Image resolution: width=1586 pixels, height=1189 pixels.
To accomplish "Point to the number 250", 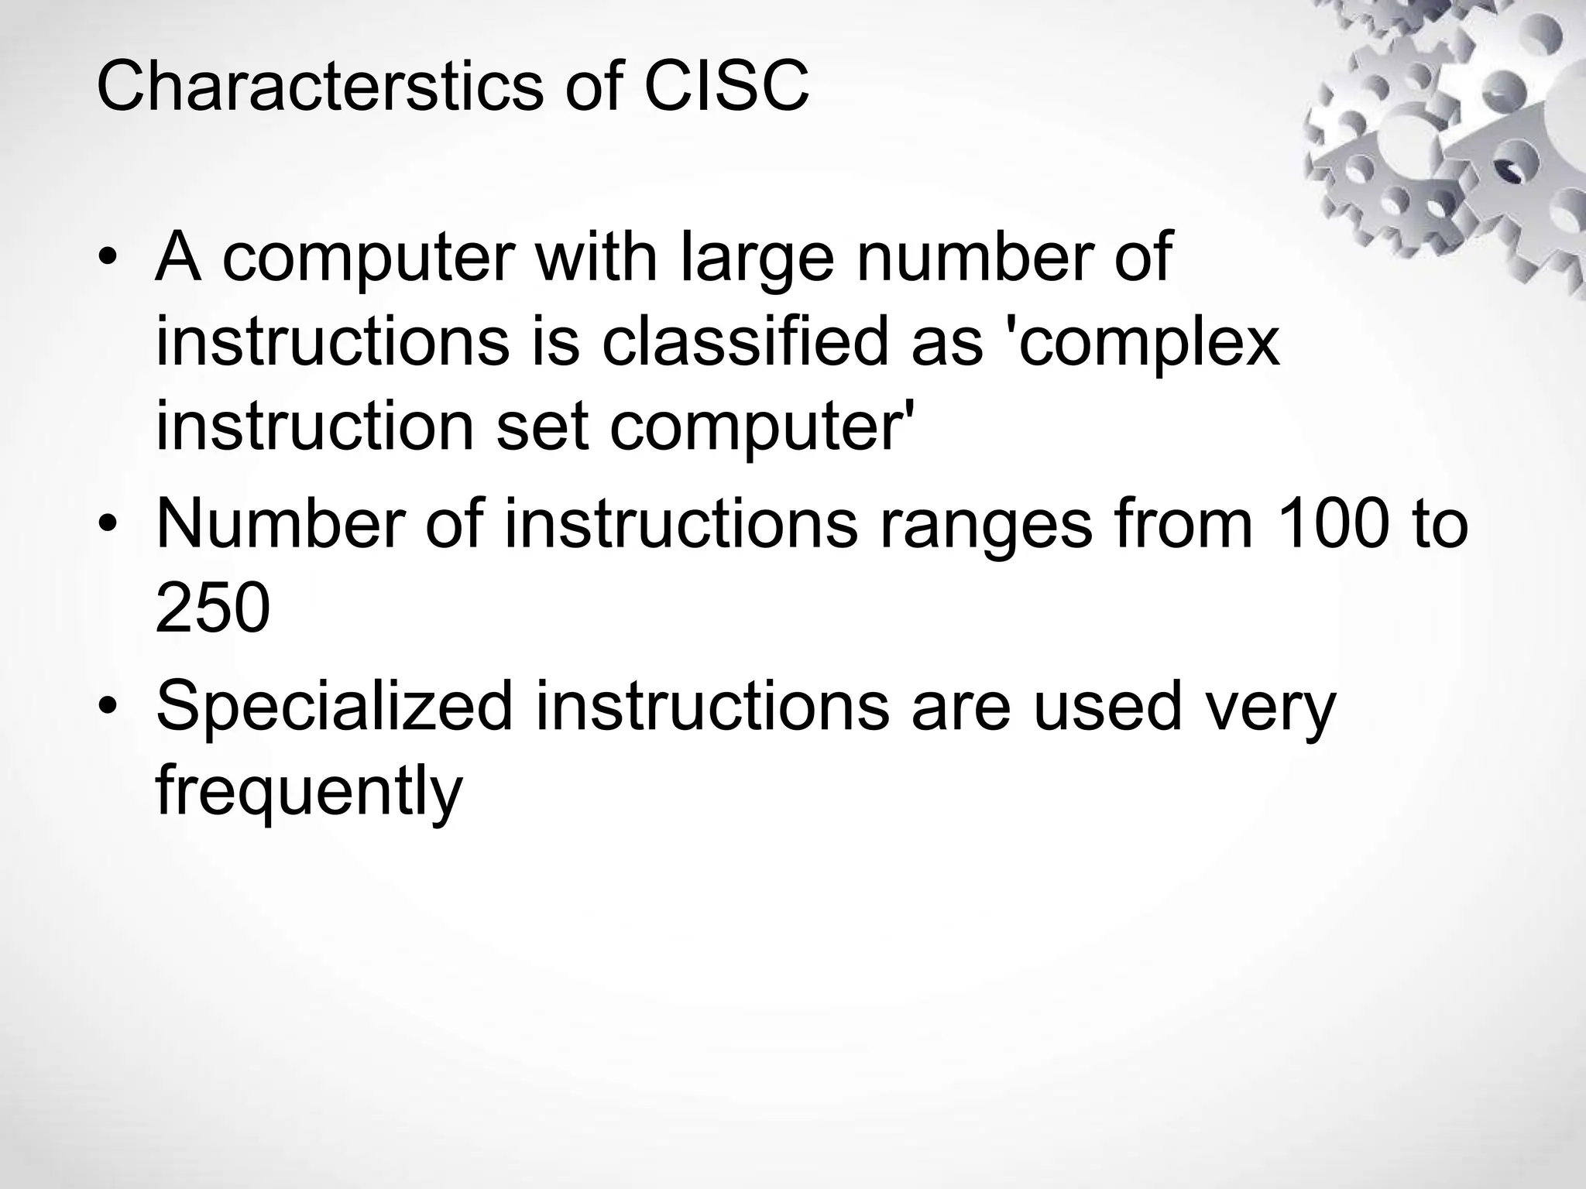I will pyautogui.click(x=213, y=609).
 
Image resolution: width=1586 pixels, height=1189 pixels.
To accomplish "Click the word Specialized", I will pyautogui.click(x=334, y=707).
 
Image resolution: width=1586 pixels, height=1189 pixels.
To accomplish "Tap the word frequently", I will pyautogui.click(x=308, y=793).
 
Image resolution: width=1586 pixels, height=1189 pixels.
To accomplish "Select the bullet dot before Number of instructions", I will pyautogui.click(x=108, y=526).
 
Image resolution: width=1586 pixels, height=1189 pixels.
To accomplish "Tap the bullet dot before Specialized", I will pyautogui.click(x=108, y=706).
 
